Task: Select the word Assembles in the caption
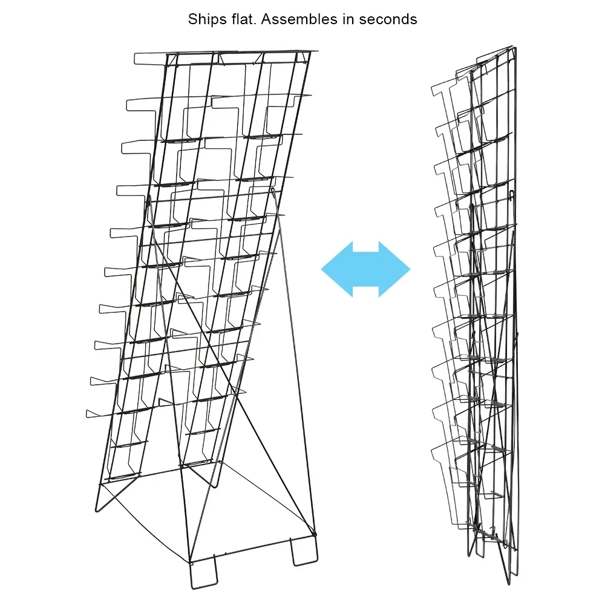pyautogui.click(x=299, y=19)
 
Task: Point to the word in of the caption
pyautogui.click(x=348, y=19)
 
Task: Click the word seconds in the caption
pyautogui.click(x=388, y=20)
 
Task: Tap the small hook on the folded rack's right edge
pyautogui.click(x=512, y=195)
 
